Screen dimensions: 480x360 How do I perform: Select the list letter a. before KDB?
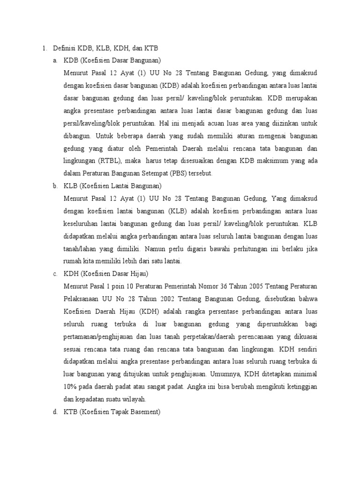[x=56, y=60]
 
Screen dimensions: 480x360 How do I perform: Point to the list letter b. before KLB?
[x=56, y=186]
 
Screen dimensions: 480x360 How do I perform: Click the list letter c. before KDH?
[x=56, y=274]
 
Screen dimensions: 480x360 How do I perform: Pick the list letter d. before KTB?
[x=56, y=412]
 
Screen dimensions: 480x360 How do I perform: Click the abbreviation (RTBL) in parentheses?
[x=111, y=161]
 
